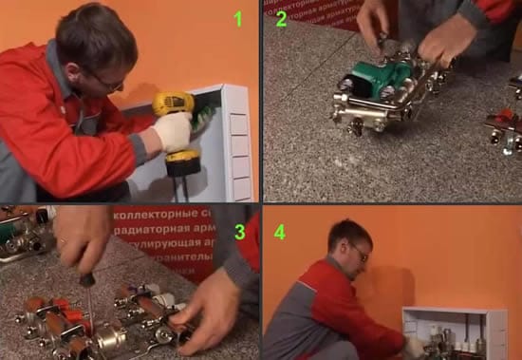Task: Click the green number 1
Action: pyautogui.click(x=238, y=18)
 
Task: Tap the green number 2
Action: pyautogui.click(x=281, y=19)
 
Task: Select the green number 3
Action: pyautogui.click(x=239, y=232)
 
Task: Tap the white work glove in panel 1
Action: pyautogui.click(x=173, y=133)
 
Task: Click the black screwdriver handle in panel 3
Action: pyautogui.click(x=86, y=279)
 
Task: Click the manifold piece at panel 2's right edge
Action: pyautogui.click(x=505, y=128)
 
